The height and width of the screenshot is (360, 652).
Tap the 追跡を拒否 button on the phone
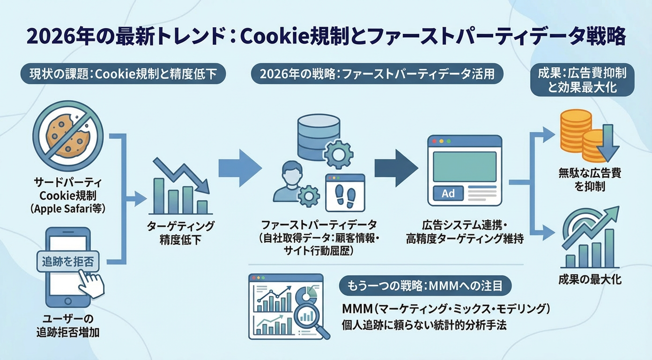pos(67,262)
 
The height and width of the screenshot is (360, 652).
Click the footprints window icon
pos(346,192)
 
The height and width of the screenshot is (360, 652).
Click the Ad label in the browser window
pos(448,193)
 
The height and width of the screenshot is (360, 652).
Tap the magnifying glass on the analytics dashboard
pos(310,319)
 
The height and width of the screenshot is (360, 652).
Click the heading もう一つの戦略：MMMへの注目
pos(424,285)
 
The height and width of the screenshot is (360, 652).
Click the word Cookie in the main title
pos(277,37)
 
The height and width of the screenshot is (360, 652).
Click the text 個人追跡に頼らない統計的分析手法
pos(424,324)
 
